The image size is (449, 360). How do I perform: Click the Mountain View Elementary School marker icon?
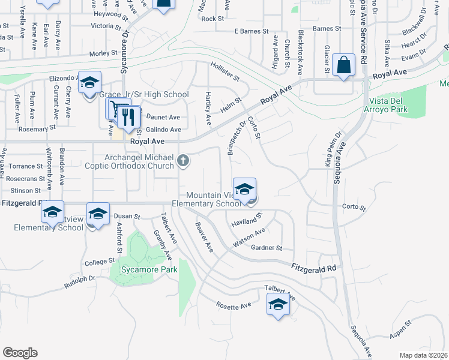[x=244, y=190]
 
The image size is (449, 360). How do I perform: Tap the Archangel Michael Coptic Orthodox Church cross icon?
[x=184, y=161]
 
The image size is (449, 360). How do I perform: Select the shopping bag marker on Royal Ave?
[x=343, y=65]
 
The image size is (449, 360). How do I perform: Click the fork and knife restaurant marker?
[x=127, y=117]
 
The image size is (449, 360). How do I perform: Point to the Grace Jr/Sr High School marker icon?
[x=89, y=83]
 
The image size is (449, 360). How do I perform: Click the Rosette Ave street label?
[x=234, y=306]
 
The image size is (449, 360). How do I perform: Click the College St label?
[x=100, y=262]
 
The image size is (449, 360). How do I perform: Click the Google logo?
[x=20, y=353]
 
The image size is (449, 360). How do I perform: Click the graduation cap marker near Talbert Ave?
[x=278, y=305]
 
